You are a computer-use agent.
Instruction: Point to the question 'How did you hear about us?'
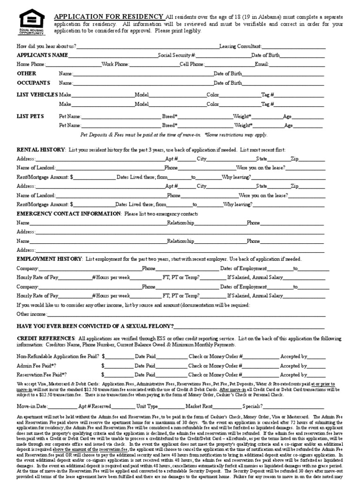(x=46, y=46)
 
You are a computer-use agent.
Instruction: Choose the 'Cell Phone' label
(x=192, y=64)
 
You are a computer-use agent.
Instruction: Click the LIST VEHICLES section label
(x=37, y=95)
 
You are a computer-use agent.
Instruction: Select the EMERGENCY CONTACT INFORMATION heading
(x=68, y=213)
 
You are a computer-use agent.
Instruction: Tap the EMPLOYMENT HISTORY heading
(x=49, y=259)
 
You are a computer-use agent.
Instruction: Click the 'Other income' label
(x=31, y=314)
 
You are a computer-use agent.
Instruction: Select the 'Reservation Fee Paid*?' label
(x=42, y=375)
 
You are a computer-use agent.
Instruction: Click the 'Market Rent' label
(x=199, y=406)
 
